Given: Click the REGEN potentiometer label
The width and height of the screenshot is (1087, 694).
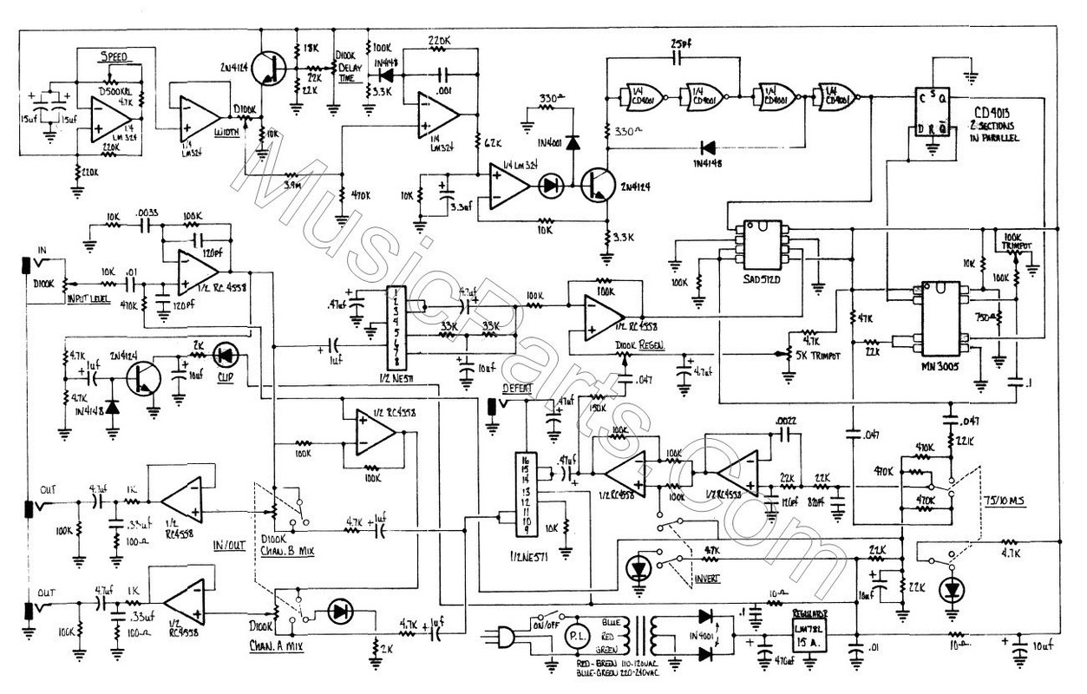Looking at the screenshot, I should click(637, 346).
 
